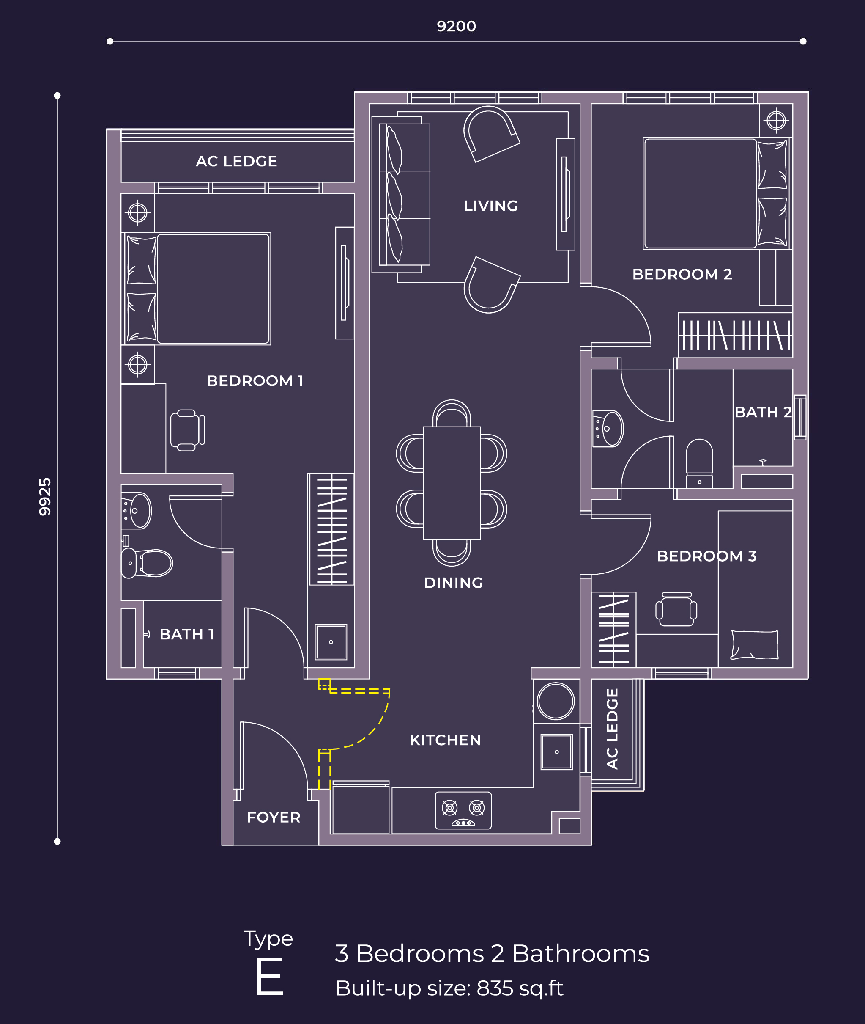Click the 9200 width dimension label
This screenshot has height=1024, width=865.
pyautogui.click(x=456, y=26)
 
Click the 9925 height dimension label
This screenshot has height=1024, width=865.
pyautogui.click(x=45, y=496)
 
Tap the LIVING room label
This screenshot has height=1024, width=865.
pyautogui.click(x=491, y=206)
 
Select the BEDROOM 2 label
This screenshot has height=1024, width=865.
pyautogui.click(x=682, y=274)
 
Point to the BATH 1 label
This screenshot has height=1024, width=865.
pyautogui.click(x=187, y=634)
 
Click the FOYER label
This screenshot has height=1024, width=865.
pyautogui.click(x=274, y=817)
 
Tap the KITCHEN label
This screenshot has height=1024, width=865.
pyautogui.click(x=445, y=740)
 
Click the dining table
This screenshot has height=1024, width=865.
pyautogui.click(x=452, y=483)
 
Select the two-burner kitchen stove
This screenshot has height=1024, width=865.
pyautogui.click(x=463, y=810)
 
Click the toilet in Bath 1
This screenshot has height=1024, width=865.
pyautogui.click(x=147, y=563)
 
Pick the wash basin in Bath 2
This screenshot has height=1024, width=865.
pyautogui.click(x=608, y=429)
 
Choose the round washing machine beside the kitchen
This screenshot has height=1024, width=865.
pyautogui.click(x=556, y=701)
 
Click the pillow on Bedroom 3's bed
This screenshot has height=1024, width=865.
pyautogui.click(x=754, y=645)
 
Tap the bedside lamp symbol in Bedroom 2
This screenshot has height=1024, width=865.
pyautogui.click(x=776, y=120)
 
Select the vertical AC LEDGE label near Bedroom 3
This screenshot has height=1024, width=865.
pyautogui.click(x=613, y=729)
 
